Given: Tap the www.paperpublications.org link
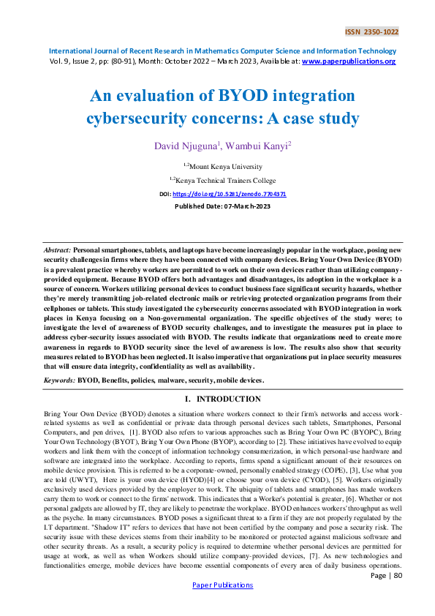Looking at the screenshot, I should point(349,61).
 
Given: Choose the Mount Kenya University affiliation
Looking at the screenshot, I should point(220,167).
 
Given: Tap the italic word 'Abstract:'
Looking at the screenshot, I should point(57,250).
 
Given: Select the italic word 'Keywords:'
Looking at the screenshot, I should point(59,380).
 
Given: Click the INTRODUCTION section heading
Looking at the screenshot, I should point(228,399).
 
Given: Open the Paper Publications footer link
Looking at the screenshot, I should point(217,606).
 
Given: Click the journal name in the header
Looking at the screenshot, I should point(222,51).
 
